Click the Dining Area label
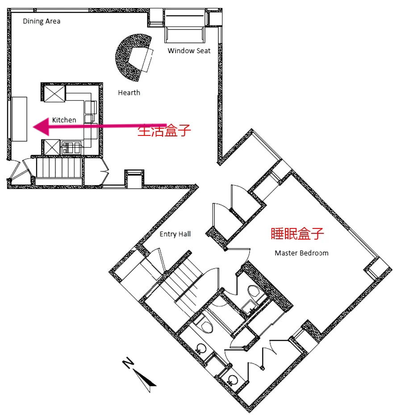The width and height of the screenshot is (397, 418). tap(42, 21)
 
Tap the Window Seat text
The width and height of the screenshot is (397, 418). tap(189, 51)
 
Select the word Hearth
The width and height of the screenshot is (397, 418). tap(129, 93)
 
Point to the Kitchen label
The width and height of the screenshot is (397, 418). tap(64, 120)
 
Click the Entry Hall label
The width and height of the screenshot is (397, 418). tap(175, 234)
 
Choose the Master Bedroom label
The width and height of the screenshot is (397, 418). tap(301, 253)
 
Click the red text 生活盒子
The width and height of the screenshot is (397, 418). tap(164, 131)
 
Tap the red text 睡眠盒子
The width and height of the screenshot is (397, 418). tap(297, 233)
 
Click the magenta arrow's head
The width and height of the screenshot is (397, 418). tap(41, 127)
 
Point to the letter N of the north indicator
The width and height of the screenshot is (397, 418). tap(128, 363)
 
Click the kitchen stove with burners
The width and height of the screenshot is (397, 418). tap(71, 148)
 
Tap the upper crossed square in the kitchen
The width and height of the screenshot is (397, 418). tap(54, 93)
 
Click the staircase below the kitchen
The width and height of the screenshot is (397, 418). tap(59, 168)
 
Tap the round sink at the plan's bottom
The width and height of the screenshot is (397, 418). tap(232, 380)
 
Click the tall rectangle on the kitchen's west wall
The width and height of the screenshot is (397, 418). tap(19, 119)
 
